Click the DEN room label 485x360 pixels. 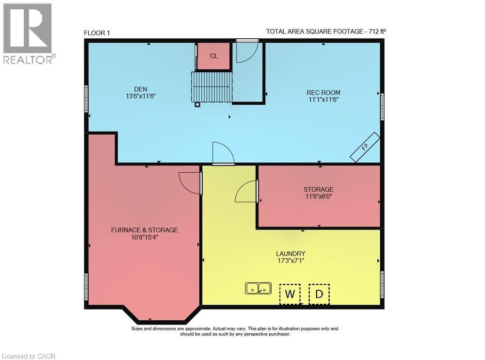point(141,89)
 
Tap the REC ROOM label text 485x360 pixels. point(323,93)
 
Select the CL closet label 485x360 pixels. point(214,56)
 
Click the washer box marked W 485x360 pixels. point(290,294)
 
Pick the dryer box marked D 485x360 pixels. point(319,294)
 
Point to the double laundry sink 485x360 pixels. point(259,289)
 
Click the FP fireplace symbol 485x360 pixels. point(365,147)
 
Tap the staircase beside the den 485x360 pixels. point(211,87)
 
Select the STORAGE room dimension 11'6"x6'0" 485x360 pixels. point(318,196)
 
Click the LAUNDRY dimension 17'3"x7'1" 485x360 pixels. point(291,261)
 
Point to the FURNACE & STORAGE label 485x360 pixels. point(145,230)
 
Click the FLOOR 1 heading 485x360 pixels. point(97,33)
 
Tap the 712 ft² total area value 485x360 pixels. point(377,31)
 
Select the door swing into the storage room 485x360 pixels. point(246,192)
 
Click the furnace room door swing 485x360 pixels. point(190,183)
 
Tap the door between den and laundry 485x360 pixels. point(224,153)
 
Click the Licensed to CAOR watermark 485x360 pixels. point(28,356)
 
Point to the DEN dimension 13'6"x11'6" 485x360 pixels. point(141,96)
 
